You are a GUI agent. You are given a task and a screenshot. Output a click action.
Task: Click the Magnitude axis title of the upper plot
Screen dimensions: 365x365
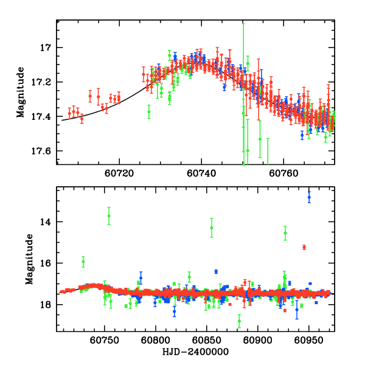(x=21, y=92)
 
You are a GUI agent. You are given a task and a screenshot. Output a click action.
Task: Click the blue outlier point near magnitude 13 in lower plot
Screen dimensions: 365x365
(x=309, y=197)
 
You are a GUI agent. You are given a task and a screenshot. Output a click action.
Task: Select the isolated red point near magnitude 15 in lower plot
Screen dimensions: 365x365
(x=304, y=247)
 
